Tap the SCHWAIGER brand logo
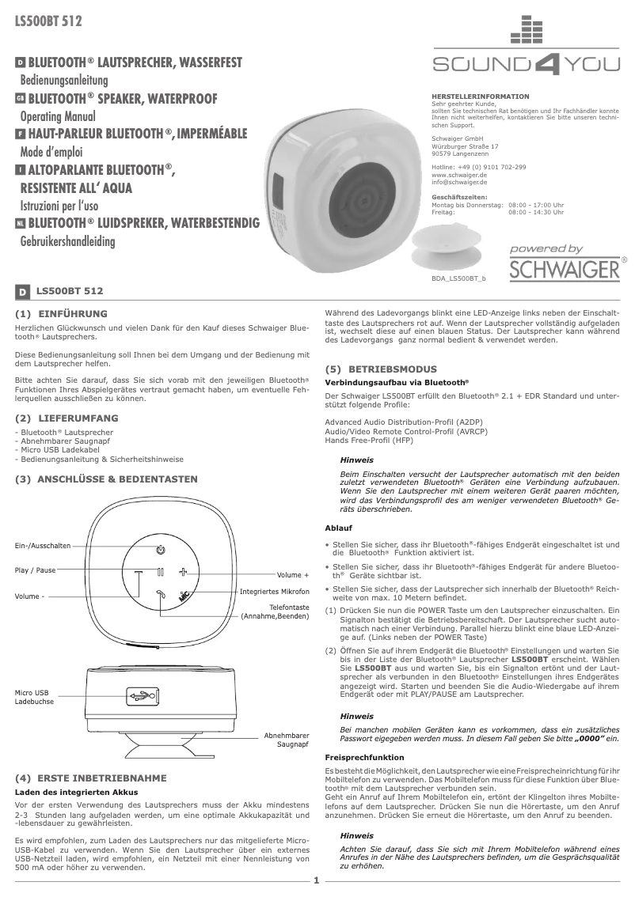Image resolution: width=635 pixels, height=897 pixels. point(564,269)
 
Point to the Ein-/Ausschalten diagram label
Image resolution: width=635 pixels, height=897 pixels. point(43,546)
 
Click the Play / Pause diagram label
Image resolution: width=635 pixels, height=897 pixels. point(36,570)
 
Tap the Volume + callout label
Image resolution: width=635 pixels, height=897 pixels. point(292,575)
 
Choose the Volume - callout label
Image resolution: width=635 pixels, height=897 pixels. point(29,596)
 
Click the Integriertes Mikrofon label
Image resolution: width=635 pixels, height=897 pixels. point(274,592)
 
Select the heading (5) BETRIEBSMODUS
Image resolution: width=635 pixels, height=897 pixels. point(381,369)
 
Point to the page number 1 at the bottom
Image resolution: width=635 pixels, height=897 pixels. point(316,880)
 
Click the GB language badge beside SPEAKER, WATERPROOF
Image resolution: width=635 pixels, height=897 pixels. point(21,100)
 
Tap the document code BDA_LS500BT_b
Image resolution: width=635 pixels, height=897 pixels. point(459,279)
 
